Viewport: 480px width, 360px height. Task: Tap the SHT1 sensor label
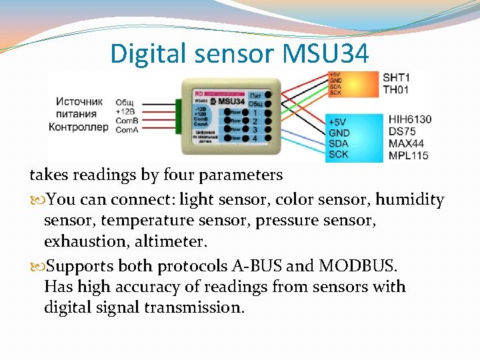point(396,78)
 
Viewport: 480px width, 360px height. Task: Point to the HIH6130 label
point(409,120)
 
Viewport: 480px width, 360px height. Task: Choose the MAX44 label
point(405,144)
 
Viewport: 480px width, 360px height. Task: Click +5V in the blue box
point(338,123)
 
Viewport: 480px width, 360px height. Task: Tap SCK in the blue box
point(339,155)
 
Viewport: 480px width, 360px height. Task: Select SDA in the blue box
point(339,144)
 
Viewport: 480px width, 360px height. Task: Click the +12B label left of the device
point(125,112)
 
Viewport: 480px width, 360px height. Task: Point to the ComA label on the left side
point(127,129)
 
